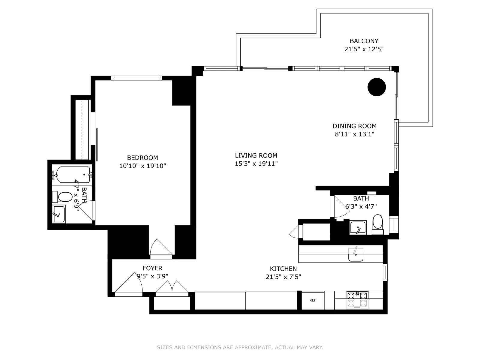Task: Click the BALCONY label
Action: click(x=364, y=41)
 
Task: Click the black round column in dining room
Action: click(x=376, y=87)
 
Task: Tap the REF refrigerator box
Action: click(x=313, y=300)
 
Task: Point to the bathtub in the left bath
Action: click(x=73, y=175)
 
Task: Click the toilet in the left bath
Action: click(x=64, y=197)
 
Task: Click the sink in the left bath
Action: click(x=59, y=214)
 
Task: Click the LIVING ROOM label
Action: click(x=256, y=155)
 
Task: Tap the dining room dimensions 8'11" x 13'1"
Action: click(x=354, y=134)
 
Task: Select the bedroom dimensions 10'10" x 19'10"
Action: click(x=142, y=166)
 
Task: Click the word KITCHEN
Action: click(x=283, y=269)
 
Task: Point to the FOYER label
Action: click(x=152, y=268)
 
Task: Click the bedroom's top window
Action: click(x=136, y=78)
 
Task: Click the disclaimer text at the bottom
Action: click(x=240, y=347)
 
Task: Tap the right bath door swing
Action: click(x=341, y=207)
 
